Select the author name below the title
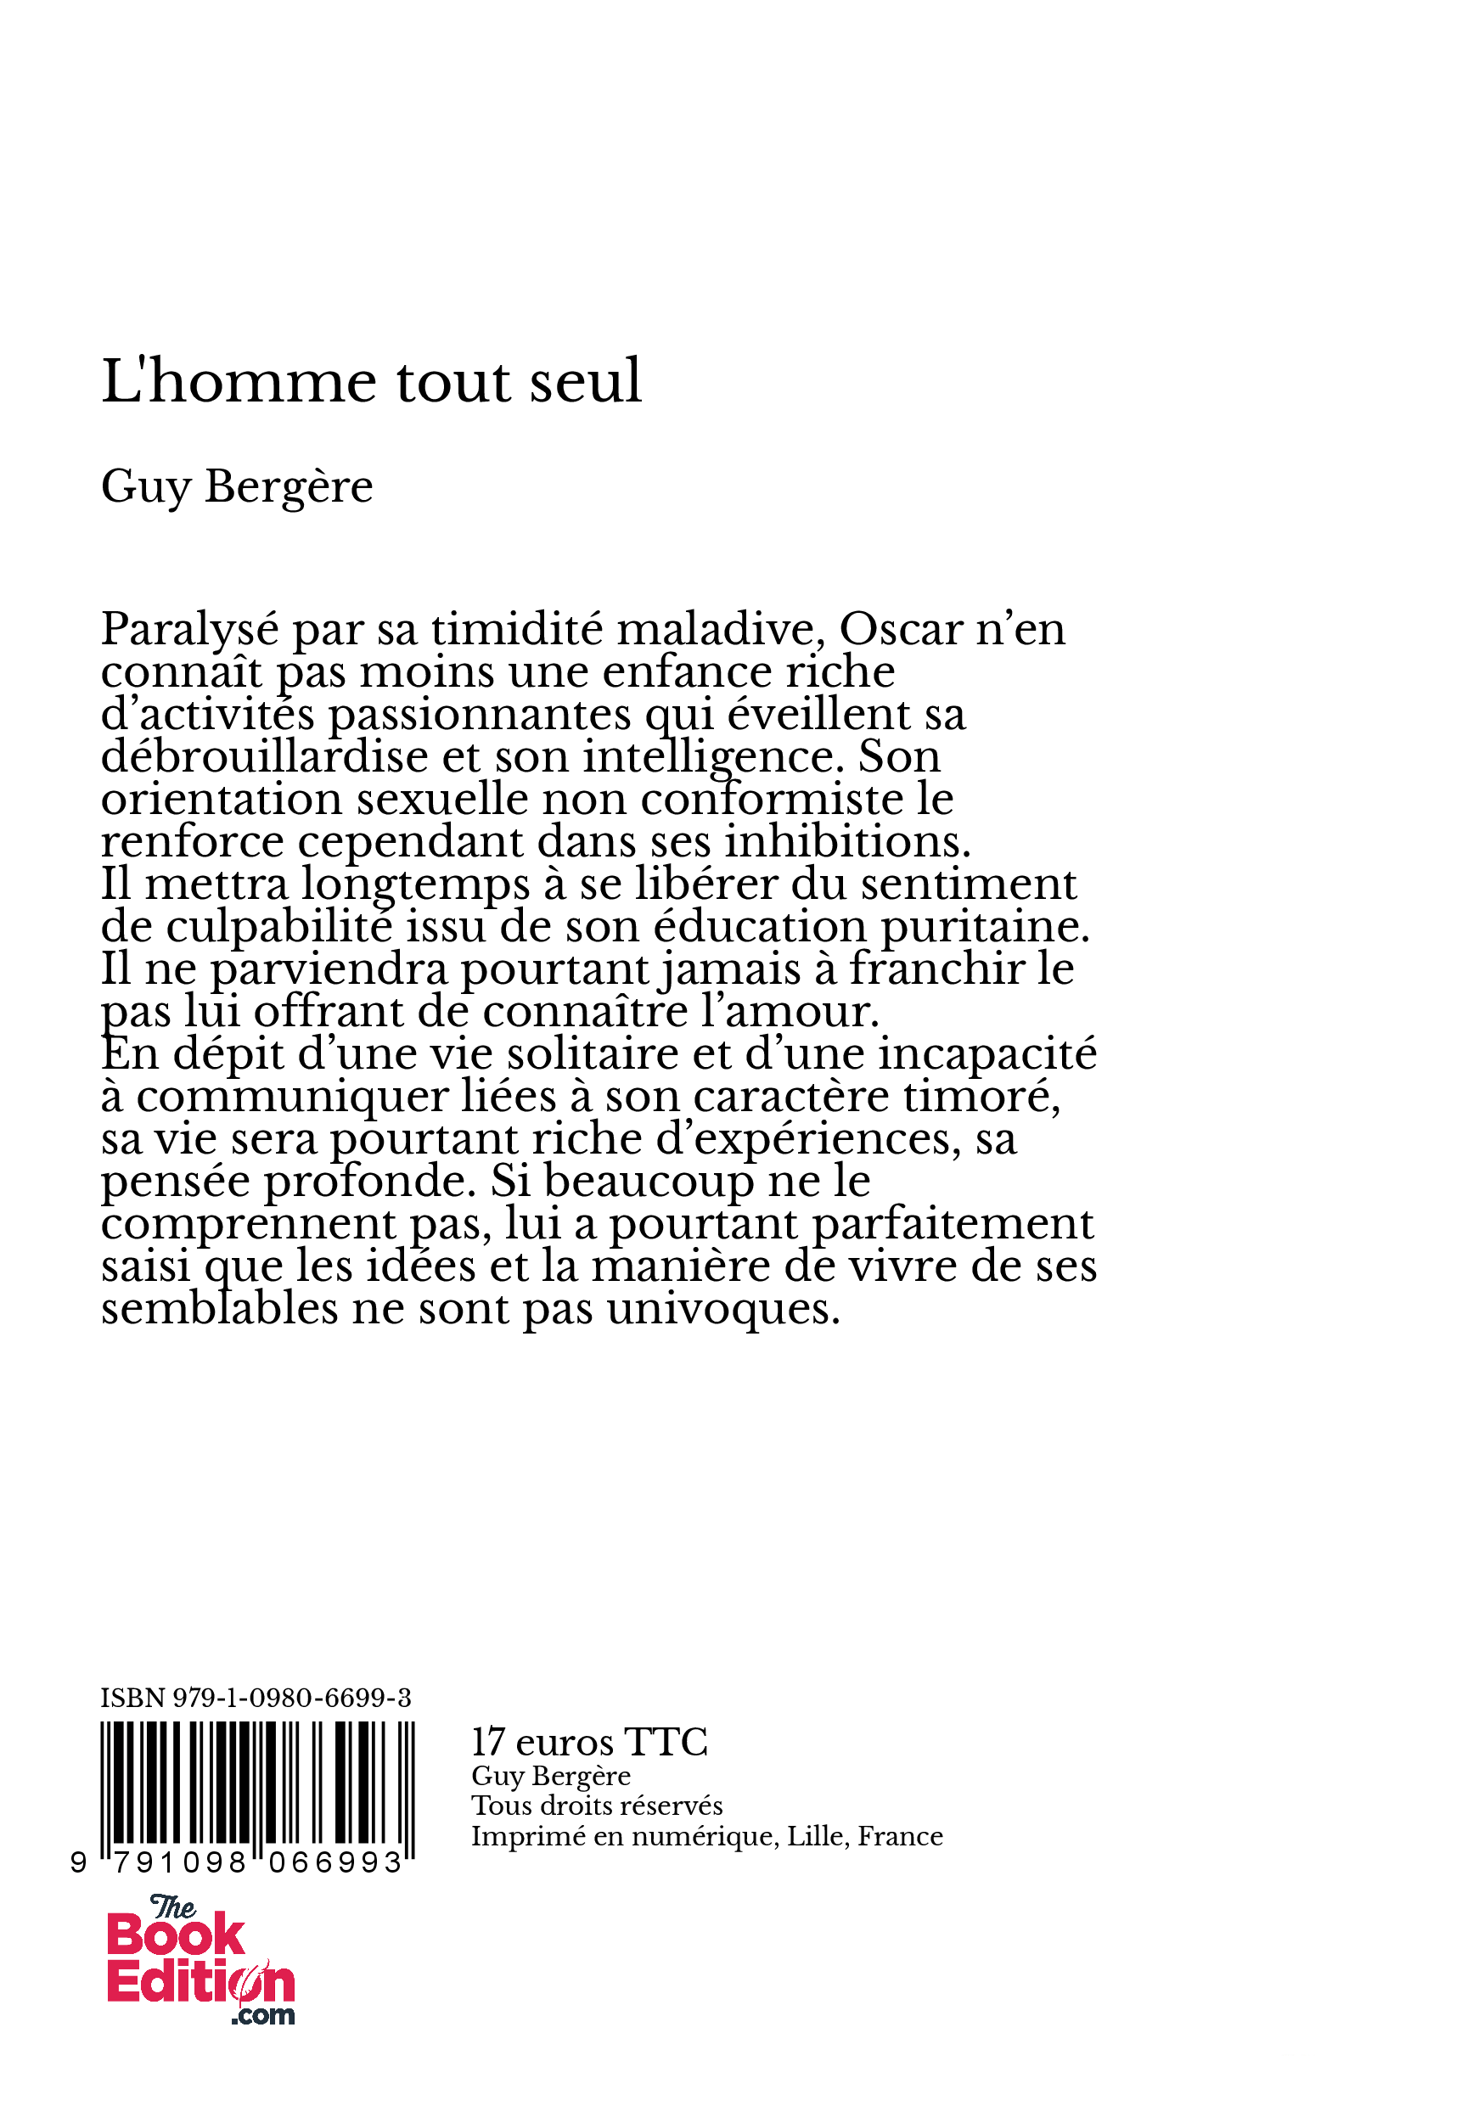237,486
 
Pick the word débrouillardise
264,756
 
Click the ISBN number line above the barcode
256,1698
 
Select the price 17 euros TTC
589,1742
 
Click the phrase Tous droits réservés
597,1806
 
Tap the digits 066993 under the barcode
335,1864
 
